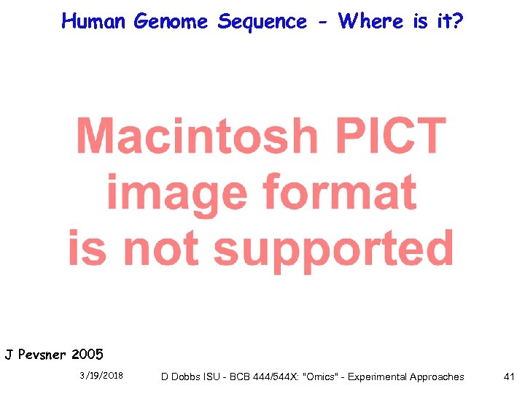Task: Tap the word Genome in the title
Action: tap(172, 22)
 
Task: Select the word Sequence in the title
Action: tap(262, 22)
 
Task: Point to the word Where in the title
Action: tap(373, 21)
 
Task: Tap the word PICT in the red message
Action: tap(386, 136)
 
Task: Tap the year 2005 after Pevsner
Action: tap(87, 355)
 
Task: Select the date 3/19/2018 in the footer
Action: tap(101, 376)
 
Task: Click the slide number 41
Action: tap(509, 376)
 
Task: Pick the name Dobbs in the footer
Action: tap(187, 376)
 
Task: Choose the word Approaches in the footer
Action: tap(437, 376)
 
